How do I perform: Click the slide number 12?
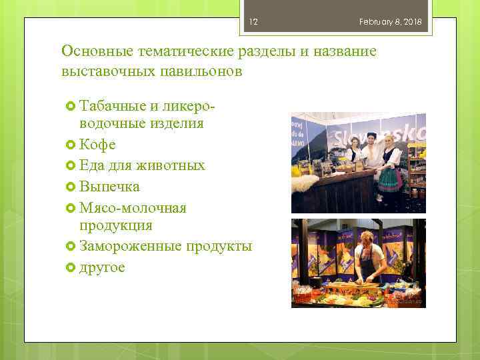coord(253,22)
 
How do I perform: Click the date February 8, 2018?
coord(390,22)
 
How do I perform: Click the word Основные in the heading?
coord(97,51)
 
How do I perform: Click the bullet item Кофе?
coord(97,144)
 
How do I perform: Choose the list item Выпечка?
coord(109,185)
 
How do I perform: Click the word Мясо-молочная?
coord(133,207)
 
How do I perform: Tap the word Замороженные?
coord(130,246)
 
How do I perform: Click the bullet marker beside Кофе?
coord(72,145)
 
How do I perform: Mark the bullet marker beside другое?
coord(72,267)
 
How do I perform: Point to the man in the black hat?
coord(372,157)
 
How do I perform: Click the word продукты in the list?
coord(219,246)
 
